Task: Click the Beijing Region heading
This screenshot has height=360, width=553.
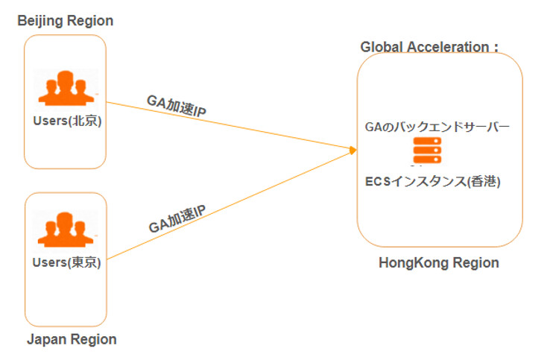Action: [66, 21]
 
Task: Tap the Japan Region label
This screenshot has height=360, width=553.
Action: [72, 340]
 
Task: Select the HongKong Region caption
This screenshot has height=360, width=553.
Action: [438, 263]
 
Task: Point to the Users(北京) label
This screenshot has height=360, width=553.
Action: [66, 121]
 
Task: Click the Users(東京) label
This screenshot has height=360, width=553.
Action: [66, 262]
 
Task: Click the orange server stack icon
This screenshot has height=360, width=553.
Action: [428, 152]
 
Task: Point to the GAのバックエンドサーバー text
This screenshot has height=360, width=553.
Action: [437, 127]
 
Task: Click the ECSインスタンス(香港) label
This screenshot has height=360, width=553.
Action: [433, 181]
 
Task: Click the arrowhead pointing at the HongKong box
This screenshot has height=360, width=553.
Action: [353, 151]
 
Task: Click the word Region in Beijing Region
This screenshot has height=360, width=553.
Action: [91, 21]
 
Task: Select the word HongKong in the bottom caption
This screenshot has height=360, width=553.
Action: [412, 263]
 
